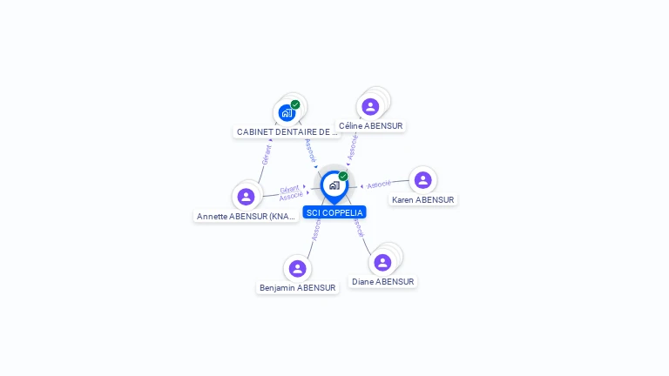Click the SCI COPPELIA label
coord(334,212)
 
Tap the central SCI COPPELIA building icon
coord(334,185)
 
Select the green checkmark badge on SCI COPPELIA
coord(343,176)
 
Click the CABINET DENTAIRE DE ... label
coord(287,132)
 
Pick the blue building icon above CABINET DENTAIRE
coord(287,112)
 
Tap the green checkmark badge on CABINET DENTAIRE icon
coord(295,104)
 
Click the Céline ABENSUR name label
coord(370,125)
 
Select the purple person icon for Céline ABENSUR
coord(370,107)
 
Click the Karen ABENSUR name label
coord(422,199)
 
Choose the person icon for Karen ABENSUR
coord(422,180)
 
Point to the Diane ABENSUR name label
coord(382,281)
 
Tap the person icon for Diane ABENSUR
coord(382,262)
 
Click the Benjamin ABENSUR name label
coord(297,287)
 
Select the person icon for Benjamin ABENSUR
coord(297,268)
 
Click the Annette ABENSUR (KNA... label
coord(247,216)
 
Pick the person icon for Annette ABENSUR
coord(246,197)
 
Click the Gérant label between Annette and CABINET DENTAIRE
coord(267,154)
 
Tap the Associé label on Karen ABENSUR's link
coord(379,185)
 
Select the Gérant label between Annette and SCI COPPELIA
coord(289,188)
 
